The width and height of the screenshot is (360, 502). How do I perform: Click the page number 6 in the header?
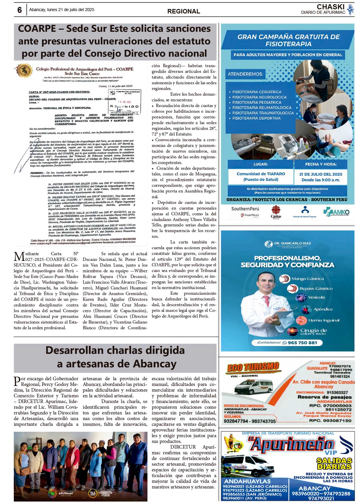20,10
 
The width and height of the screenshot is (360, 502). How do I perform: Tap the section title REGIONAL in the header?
184,11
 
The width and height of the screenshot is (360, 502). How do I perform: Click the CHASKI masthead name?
330,7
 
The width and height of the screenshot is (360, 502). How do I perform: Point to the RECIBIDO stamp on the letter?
124,106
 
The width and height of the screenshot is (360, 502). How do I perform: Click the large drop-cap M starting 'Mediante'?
19,257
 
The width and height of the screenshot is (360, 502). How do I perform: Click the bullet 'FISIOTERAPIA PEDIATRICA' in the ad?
257,102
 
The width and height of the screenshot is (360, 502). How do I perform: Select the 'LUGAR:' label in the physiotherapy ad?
260,164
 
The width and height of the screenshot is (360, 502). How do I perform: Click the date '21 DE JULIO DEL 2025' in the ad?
320,174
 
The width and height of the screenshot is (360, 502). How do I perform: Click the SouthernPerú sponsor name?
245,209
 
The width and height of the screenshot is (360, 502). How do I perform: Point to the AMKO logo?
336,212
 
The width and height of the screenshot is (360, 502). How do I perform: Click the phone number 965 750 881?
302,343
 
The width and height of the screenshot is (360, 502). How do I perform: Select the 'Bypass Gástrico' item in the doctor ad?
316,288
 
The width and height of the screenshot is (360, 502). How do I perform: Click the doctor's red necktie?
266,301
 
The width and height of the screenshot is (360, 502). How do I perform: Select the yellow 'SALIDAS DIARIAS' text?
334,464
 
